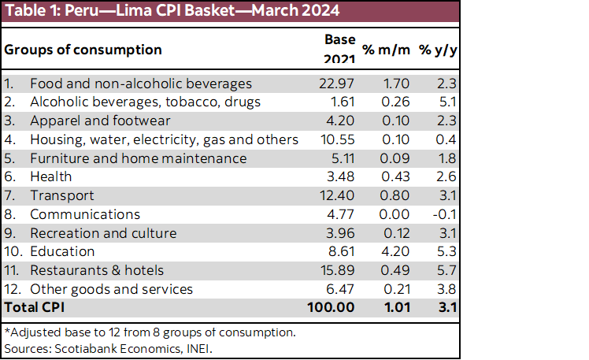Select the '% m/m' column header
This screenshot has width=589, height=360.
(x=385, y=50)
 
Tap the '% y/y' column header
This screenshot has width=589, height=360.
(x=437, y=50)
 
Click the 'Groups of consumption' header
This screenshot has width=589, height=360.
(x=83, y=50)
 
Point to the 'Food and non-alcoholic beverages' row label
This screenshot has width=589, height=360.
(x=140, y=83)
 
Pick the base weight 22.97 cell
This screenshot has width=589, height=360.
(x=339, y=83)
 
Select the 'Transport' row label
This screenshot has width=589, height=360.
(x=61, y=195)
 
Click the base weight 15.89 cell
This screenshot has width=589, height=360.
(x=339, y=271)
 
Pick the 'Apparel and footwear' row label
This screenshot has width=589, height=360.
(x=100, y=121)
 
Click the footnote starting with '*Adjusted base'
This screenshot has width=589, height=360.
(x=150, y=332)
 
